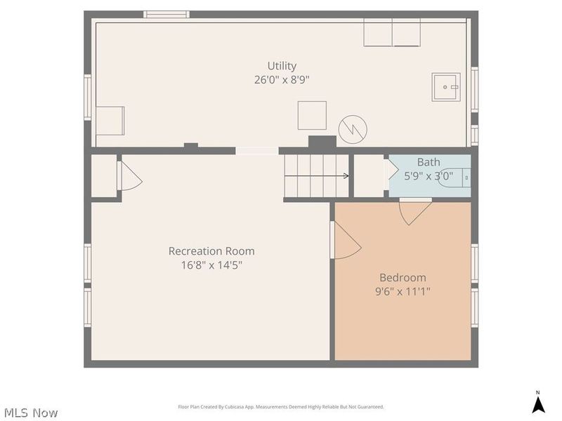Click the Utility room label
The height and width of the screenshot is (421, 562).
[281, 66]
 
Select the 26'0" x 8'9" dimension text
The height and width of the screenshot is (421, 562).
[281, 80]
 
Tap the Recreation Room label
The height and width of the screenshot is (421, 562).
[211, 251]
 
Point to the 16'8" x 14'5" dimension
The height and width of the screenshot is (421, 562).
[211, 265]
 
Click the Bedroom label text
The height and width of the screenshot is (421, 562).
[403, 277]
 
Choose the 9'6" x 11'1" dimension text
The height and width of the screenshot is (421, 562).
[403, 291]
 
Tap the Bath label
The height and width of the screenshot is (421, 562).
[429, 162]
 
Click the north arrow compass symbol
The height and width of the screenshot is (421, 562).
[538, 403]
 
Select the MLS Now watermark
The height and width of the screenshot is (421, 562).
[30, 413]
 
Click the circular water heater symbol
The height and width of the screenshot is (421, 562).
[353, 128]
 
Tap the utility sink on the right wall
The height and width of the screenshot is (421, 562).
[445, 87]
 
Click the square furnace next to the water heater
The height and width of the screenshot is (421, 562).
[312, 115]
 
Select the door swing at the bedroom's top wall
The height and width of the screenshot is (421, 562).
[415, 212]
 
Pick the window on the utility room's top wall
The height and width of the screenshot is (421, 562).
[166, 14]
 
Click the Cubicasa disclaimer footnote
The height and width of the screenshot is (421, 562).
[280, 407]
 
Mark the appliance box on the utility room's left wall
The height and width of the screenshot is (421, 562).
[110, 121]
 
